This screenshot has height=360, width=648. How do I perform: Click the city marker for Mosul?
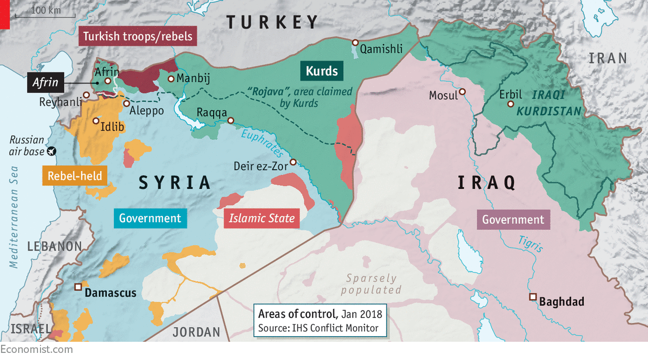(x=462, y=92)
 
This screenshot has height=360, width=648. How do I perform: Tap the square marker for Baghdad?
(x=532, y=297)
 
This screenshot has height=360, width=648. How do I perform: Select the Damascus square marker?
(x=78, y=287)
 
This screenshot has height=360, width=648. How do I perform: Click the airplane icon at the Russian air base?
(x=51, y=151)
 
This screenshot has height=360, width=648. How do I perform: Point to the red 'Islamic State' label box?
(x=261, y=219)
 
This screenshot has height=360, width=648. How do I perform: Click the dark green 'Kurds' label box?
(x=321, y=70)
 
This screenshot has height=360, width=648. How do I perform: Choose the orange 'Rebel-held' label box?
(x=74, y=176)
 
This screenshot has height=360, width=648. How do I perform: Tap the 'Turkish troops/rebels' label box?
(x=138, y=36)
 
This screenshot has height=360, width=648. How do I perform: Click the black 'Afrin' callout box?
(x=46, y=83)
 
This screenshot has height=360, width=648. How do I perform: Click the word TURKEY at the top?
(x=272, y=22)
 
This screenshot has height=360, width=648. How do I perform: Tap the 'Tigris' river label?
(x=530, y=244)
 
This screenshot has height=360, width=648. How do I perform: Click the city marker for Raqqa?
(x=230, y=121)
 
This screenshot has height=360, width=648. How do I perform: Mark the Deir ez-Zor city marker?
(x=293, y=162)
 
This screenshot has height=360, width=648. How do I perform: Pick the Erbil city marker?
(x=511, y=104)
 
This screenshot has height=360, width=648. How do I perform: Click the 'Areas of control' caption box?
(x=320, y=321)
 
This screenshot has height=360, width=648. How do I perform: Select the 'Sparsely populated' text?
(x=371, y=284)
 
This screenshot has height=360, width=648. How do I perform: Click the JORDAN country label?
(x=196, y=332)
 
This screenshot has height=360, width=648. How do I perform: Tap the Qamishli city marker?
(x=355, y=43)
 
